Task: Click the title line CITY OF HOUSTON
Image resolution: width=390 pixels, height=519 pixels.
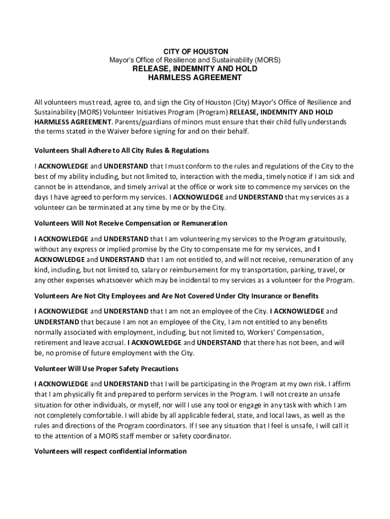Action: [x=195, y=52]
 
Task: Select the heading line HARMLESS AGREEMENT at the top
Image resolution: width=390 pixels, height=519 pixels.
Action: [x=195, y=78]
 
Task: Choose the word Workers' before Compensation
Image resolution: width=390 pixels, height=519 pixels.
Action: [x=262, y=332]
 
